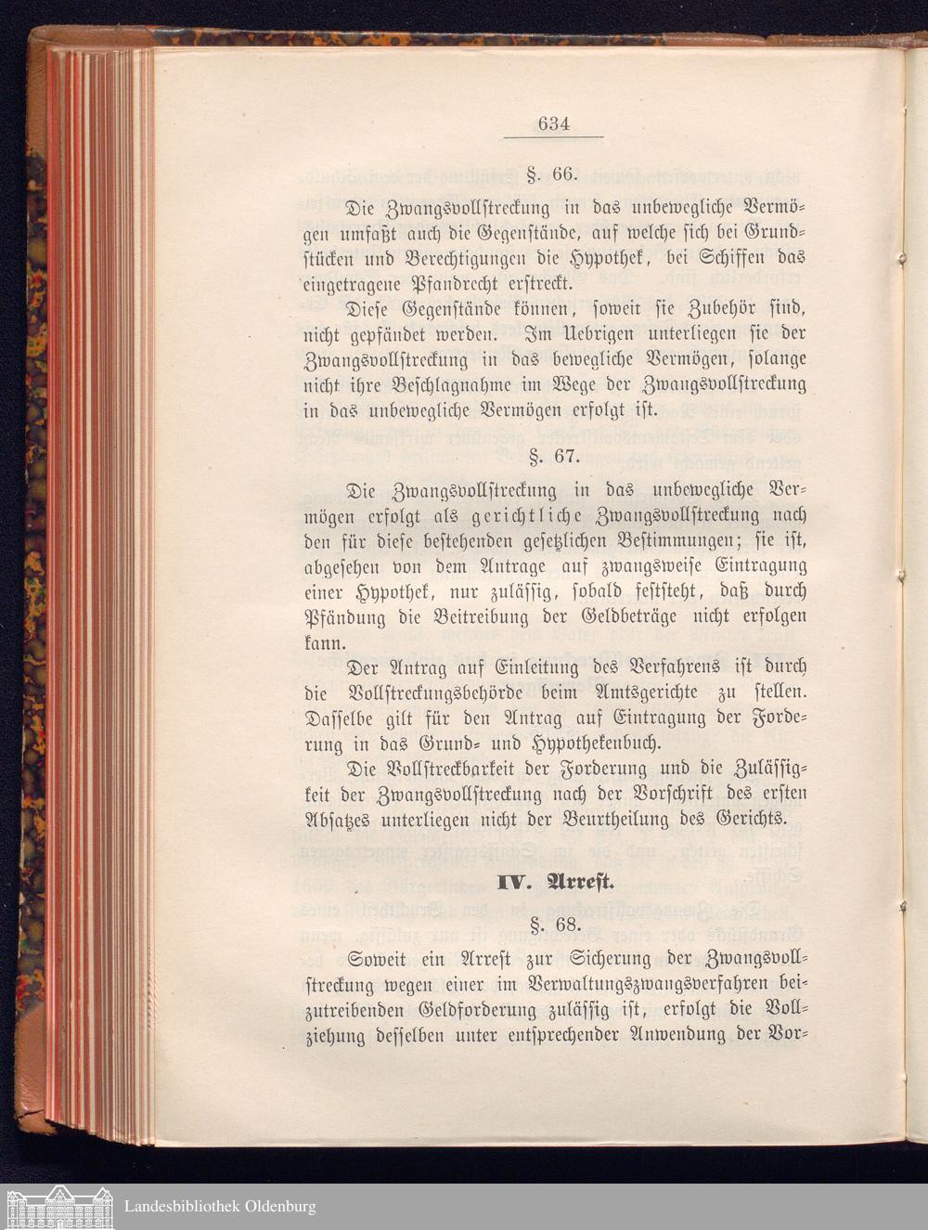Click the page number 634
point(553,123)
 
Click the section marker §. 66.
point(553,174)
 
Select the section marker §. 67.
point(553,456)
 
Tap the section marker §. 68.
point(553,924)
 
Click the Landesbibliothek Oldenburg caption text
point(220,1207)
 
